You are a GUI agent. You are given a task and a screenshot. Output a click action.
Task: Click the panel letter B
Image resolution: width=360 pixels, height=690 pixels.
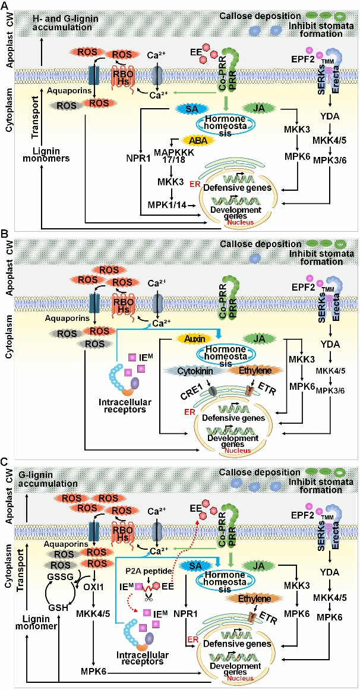5,234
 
